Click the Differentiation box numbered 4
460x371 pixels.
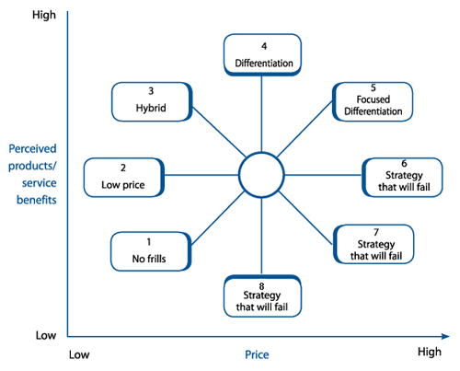(x=262, y=55)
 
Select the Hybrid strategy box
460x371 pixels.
(x=152, y=102)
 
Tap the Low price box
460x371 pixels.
(x=124, y=178)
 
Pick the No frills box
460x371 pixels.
(x=151, y=251)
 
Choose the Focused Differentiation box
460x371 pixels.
(x=373, y=101)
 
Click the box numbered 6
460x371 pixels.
(x=402, y=178)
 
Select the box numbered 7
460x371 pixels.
(x=374, y=244)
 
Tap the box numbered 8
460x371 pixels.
(x=262, y=296)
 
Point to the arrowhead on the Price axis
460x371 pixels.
(x=446, y=337)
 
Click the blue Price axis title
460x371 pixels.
(x=257, y=354)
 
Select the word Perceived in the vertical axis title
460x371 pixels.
(x=32, y=149)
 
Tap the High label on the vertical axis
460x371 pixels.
(x=44, y=15)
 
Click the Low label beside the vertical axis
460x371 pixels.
(x=46, y=335)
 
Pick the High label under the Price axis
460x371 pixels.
(x=430, y=352)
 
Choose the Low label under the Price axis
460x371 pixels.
(x=79, y=354)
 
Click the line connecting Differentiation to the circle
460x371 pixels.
(x=261, y=114)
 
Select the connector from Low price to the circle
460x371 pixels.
(x=201, y=175)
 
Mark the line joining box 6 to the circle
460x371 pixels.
(x=324, y=175)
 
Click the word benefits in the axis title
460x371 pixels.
(x=37, y=200)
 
